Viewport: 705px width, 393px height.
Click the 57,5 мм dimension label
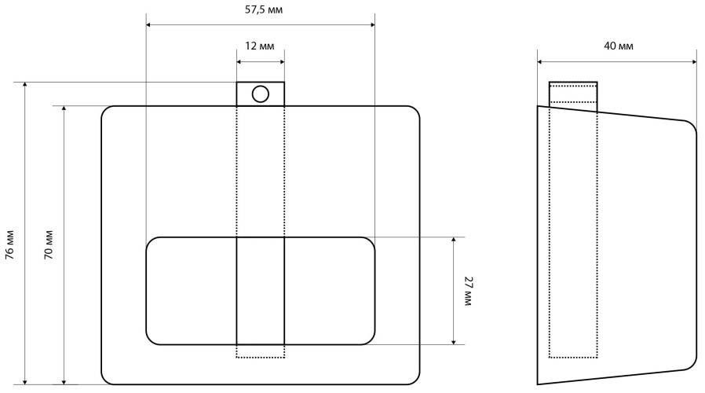click(x=264, y=9)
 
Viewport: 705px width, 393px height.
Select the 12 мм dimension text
click(x=259, y=46)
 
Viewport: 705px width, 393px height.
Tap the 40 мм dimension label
click(x=618, y=46)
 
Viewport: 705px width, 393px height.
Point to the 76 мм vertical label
click(x=9, y=245)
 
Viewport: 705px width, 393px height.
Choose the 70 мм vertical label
click(x=48, y=245)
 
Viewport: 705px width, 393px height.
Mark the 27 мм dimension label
click(x=469, y=292)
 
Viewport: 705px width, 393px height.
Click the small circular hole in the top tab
click(x=261, y=94)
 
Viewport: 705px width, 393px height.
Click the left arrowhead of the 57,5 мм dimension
click(x=149, y=25)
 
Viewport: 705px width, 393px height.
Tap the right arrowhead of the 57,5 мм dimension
click(x=372, y=25)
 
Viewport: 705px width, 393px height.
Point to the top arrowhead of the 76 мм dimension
click(x=25, y=85)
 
